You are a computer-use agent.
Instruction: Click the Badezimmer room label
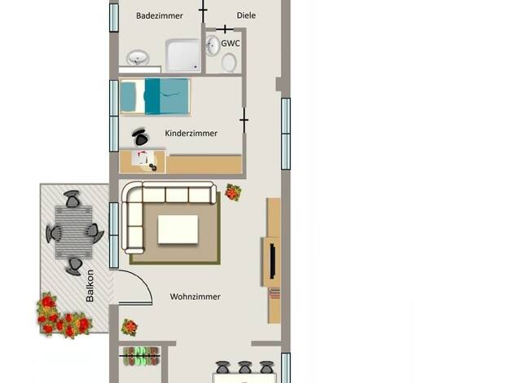pos(160,15)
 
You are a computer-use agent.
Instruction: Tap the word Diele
pos(246,15)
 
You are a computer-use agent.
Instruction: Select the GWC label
pos(231,43)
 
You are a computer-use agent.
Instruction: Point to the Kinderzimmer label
pos(191,134)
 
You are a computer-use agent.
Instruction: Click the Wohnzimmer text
pos(196,297)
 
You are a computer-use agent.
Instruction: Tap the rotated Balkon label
pos(90,286)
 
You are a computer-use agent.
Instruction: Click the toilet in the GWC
pos(229,62)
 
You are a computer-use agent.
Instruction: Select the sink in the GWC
pos(213,46)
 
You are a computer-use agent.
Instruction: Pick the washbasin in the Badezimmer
pos(138,58)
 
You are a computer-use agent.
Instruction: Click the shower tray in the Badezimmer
pos(182,55)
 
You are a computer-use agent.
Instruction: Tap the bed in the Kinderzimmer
pos(155,97)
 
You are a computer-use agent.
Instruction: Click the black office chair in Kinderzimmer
pos(140,138)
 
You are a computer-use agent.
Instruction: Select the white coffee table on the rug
pos(178,229)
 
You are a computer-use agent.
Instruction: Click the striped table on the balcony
pos(73,232)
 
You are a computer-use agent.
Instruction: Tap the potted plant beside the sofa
pos(233,192)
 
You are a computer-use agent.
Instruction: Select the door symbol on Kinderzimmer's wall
pos(244,121)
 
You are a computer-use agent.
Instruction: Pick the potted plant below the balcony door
pos(129,327)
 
